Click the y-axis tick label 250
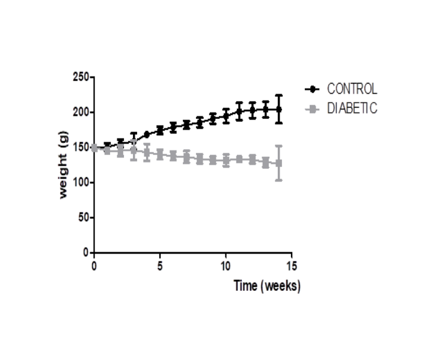[81, 77]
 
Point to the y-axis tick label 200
[81, 112]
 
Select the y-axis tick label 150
[81, 147]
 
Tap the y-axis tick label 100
[81, 182]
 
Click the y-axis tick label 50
[83, 217]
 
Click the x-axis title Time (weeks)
[266, 285]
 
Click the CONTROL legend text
[352, 89]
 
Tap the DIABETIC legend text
[352, 109]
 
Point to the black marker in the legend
[314, 89]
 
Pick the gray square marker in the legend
[314, 109]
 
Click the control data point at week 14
[278, 109]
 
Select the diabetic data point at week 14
[278, 163]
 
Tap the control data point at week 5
[160, 130]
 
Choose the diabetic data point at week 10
[226, 160]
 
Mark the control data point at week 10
[226, 116]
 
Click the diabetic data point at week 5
[160, 154]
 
